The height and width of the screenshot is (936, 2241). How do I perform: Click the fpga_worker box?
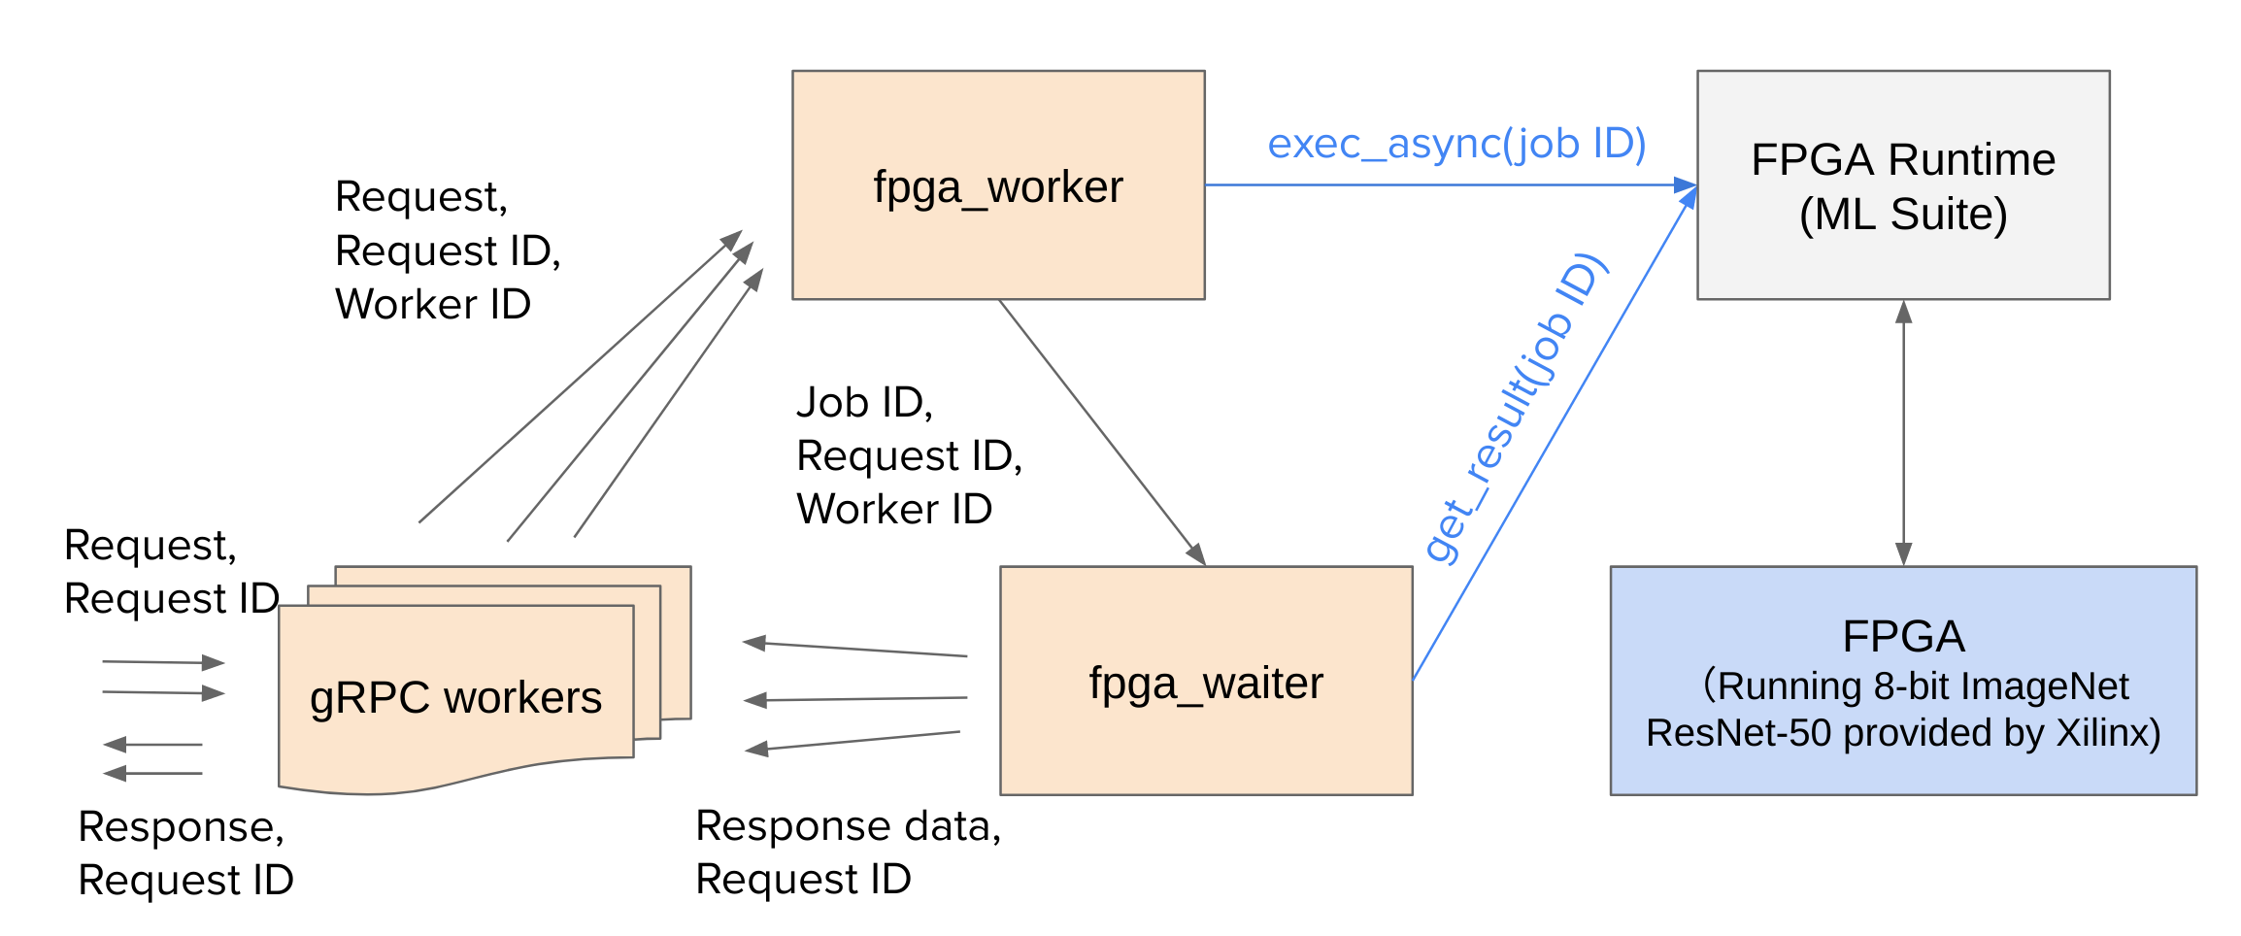coord(998,184)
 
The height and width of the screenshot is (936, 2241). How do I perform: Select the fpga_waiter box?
coord(1206,681)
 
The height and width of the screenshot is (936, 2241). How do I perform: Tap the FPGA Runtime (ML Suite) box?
coord(1903,184)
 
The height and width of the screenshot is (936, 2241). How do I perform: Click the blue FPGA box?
coord(1903,681)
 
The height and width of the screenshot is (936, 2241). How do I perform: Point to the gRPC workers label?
coord(455,698)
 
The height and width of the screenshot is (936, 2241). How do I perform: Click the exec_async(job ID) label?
coord(1456,144)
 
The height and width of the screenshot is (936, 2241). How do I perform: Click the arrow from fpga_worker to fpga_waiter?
coord(1102,432)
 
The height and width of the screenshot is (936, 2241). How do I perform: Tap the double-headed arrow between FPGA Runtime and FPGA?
coord(1903,433)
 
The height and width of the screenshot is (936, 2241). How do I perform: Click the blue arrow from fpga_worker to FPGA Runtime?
coord(1451,184)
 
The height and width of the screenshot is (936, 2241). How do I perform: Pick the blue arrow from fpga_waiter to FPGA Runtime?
coord(1555,433)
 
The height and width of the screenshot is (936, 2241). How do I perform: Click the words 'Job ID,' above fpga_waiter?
coord(864,403)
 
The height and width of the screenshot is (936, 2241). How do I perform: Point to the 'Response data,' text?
coord(849,826)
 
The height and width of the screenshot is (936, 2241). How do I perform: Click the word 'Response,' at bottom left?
coord(182,827)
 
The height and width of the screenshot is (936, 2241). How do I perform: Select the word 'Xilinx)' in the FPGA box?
coord(2109,733)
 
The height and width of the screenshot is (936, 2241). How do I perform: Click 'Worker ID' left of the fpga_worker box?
coord(433,304)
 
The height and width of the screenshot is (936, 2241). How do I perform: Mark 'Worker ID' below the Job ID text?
coord(894,509)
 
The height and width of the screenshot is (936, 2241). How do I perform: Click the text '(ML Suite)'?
coord(1903,215)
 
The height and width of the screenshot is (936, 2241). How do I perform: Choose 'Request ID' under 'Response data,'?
coord(804,880)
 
